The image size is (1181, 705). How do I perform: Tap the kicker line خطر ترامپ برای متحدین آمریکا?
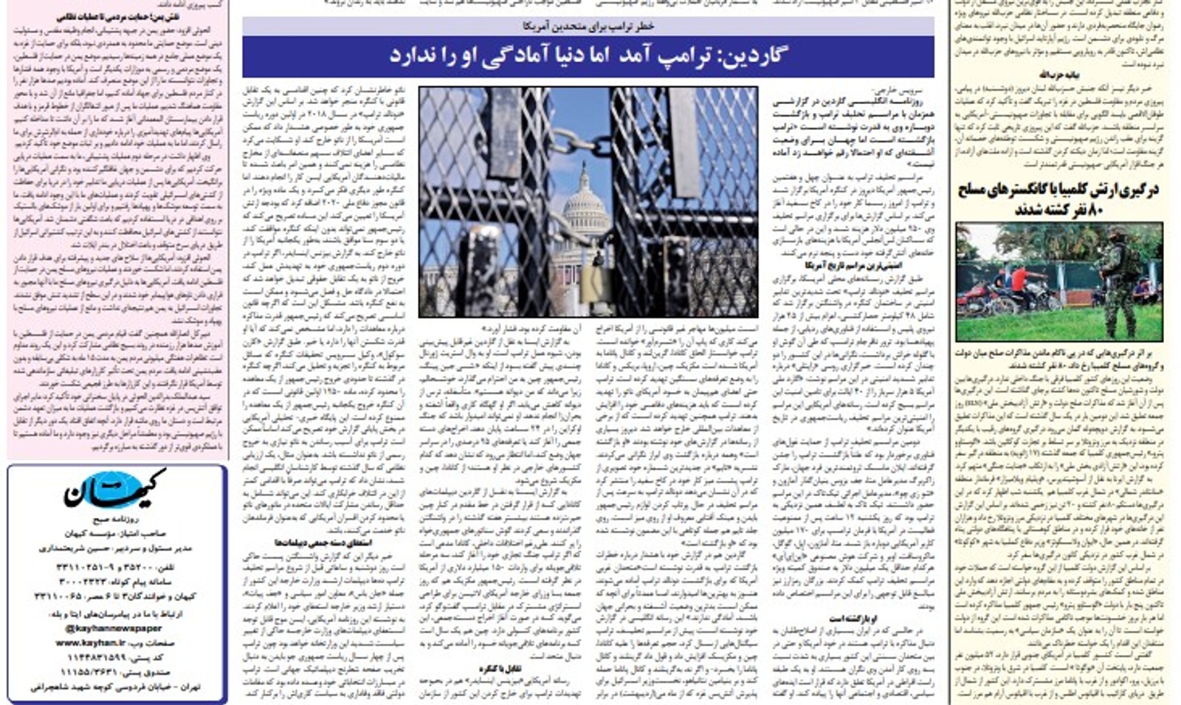tap(588, 26)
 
